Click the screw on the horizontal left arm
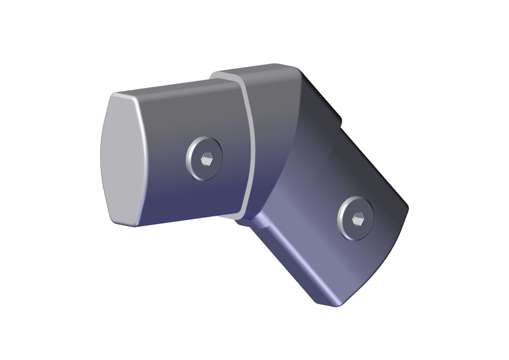click(x=204, y=158)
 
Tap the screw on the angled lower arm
click(x=355, y=218)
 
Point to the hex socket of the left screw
click(x=207, y=160)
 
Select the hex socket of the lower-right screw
click(x=357, y=220)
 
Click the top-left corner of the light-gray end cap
click(x=115, y=96)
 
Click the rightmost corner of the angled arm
click(x=407, y=206)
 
